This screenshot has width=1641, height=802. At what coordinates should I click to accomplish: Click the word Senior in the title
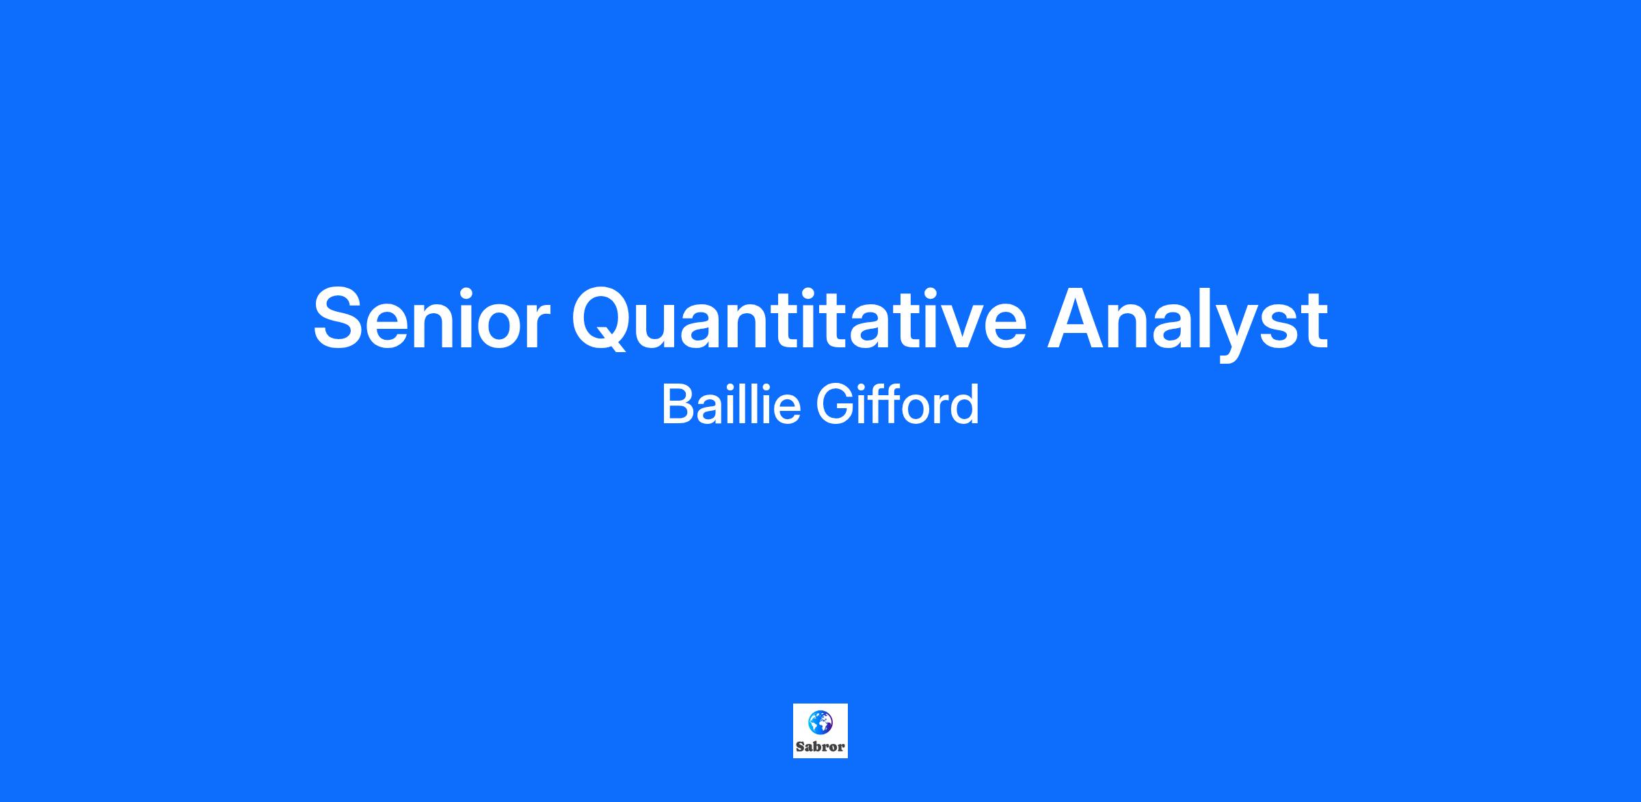(431, 319)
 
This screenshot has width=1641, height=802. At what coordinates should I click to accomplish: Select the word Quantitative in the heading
(799, 319)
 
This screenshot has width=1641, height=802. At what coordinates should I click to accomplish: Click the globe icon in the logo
(820, 721)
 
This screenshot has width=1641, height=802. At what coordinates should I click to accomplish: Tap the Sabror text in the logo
(820, 747)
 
